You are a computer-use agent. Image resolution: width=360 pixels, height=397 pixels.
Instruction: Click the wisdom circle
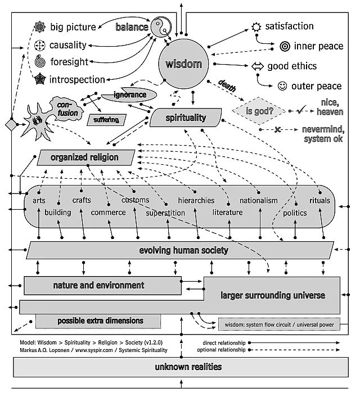pos(183,65)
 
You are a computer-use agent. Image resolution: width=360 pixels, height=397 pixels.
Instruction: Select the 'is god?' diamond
pos(260,111)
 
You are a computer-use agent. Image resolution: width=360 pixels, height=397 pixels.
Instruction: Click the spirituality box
pos(186,118)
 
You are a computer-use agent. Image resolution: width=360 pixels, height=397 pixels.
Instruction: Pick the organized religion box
pos(85,157)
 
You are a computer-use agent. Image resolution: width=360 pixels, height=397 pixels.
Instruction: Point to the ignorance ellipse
pos(130,95)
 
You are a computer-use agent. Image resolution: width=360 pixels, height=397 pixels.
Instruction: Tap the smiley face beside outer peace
pos(282,86)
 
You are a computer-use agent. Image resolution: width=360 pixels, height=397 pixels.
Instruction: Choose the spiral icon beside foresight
pos(40,61)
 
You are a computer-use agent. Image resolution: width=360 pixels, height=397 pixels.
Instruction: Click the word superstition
pos(165,213)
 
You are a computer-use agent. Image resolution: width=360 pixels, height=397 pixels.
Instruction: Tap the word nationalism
pos(259,201)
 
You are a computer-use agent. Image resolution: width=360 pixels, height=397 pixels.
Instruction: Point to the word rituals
pos(320,201)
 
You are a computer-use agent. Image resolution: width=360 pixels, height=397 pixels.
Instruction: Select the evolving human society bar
pos(183,250)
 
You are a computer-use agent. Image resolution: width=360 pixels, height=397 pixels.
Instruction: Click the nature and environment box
pos(99,285)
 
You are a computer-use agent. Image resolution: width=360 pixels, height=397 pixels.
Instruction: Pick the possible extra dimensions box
pos(100,321)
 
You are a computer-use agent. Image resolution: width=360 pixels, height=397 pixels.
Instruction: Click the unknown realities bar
pos(181,367)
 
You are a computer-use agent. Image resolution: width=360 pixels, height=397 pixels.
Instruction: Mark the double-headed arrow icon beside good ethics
pos(257,66)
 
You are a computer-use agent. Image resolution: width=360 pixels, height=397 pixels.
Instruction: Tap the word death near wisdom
pos(227,85)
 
